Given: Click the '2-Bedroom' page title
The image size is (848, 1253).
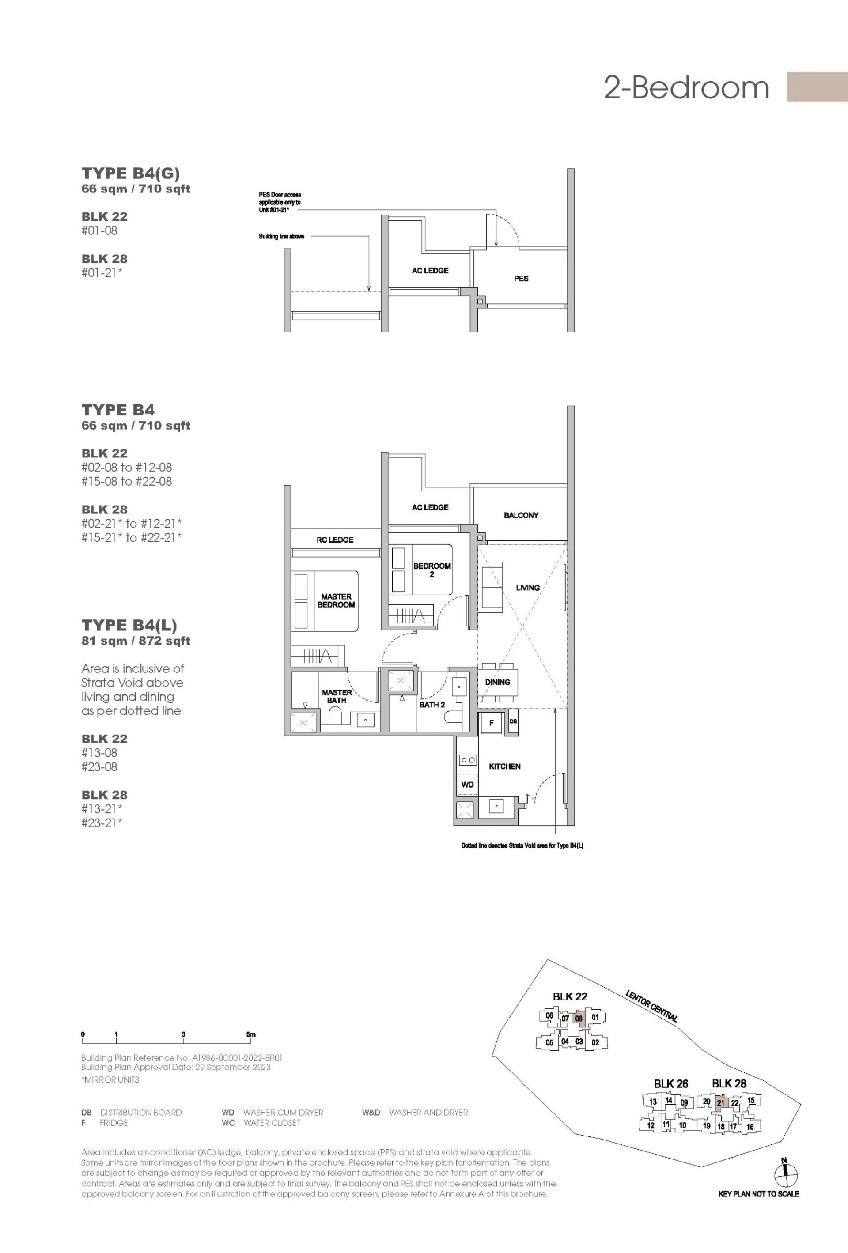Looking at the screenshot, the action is point(686,87).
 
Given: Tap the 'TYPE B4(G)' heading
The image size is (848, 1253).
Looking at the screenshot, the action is point(131,174).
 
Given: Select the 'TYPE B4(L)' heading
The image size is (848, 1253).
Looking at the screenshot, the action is point(129,626).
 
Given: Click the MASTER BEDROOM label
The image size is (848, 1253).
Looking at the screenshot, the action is point(336,600).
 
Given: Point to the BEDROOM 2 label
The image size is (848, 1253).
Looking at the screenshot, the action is point(432,570).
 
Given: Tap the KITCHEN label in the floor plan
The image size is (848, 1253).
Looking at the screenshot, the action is point(504,766).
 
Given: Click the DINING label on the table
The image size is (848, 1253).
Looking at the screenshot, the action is point(497,682).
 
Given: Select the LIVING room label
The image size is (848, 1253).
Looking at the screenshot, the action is point(528,588).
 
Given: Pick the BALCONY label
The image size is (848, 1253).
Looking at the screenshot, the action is point(521,515).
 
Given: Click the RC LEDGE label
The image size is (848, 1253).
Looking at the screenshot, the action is point(335,540).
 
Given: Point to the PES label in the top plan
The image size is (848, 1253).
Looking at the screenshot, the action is point(521,278).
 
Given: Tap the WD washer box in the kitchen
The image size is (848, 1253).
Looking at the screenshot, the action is point(467,785).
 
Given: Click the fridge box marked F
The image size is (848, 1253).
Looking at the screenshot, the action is point(492,723).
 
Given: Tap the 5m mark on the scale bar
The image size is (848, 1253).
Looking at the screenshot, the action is point(251,1034).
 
